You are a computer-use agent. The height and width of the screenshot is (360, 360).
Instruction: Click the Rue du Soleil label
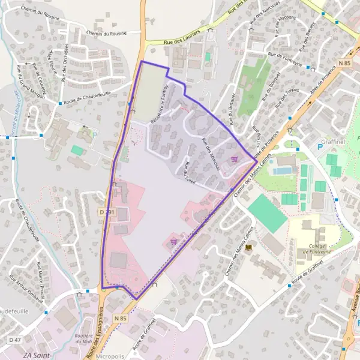pos(191,173)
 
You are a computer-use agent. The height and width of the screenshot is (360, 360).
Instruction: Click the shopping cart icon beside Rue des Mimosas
pos(234,160)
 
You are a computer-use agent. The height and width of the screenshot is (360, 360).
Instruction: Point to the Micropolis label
pos(109,356)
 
